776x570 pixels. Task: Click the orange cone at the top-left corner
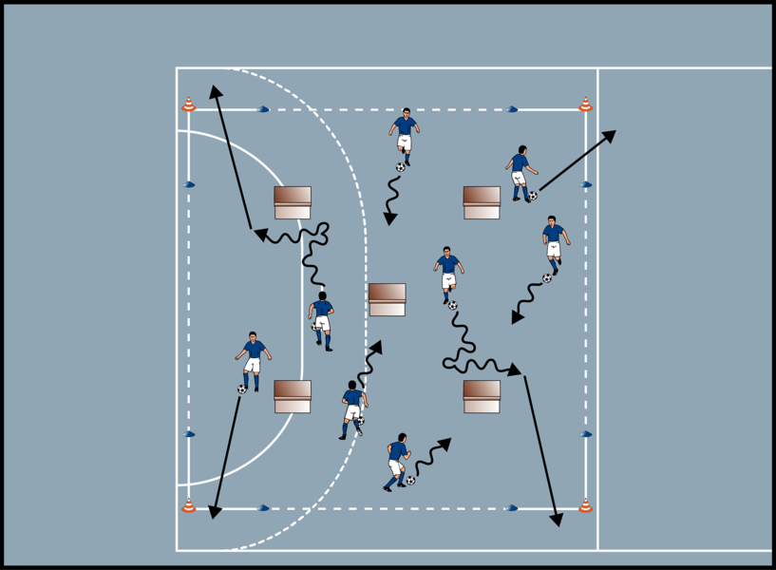tap(189, 104)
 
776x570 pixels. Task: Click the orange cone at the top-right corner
tap(585, 104)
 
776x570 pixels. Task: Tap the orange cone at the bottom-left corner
tap(189, 505)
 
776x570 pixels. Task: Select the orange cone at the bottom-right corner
tap(585, 505)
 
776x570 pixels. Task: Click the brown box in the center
tap(387, 299)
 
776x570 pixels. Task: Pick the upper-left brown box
tap(293, 202)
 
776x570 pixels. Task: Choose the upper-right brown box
tap(482, 202)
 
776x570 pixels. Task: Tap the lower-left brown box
tap(293, 396)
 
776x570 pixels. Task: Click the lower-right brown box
tap(482, 396)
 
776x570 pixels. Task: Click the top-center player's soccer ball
tap(401, 167)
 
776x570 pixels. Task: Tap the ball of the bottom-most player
tap(410, 481)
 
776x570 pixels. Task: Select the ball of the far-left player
tap(242, 389)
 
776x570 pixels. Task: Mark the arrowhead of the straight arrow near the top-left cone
tap(217, 91)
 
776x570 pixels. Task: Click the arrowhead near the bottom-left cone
tap(216, 512)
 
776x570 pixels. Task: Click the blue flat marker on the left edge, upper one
tap(190, 184)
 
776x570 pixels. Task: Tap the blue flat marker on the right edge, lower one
tap(586, 434)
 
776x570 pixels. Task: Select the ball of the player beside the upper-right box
tap(533, 196)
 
